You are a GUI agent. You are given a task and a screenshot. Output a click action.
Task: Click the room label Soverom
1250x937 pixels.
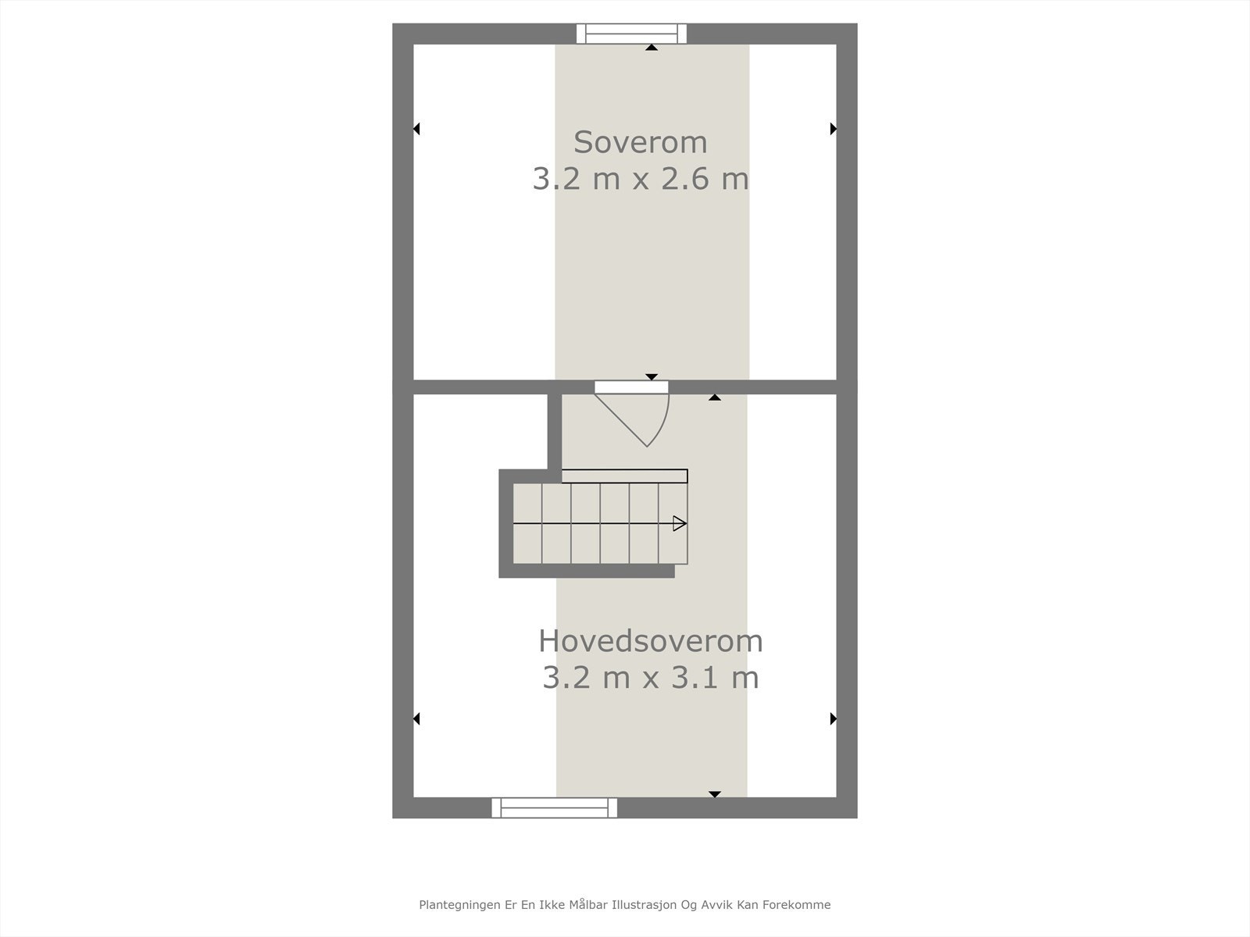640,142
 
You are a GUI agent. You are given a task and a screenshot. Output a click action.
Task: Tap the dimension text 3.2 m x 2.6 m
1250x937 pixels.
640,179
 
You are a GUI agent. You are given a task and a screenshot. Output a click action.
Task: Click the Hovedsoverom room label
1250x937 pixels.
650,641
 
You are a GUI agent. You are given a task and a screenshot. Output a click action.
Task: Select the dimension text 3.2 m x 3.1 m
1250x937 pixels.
650,677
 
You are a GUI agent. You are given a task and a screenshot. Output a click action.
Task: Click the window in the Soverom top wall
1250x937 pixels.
631,34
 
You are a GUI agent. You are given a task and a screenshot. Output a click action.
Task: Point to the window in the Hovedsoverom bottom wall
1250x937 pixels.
554,807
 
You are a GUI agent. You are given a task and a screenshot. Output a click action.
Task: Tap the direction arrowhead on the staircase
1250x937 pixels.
680,523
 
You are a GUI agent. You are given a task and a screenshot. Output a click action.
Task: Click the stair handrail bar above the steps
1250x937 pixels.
624,476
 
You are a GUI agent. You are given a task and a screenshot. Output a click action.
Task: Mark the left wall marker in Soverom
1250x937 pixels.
416,129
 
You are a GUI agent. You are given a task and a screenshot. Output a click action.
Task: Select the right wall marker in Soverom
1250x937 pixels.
833,129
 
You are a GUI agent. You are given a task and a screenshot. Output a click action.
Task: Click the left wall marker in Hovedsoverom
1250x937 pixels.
416,718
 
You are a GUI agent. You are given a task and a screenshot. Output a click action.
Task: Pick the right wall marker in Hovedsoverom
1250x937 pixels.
833,718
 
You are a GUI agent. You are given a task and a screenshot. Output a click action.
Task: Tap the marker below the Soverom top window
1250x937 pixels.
652,48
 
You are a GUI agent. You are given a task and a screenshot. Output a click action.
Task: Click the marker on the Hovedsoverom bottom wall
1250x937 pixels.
714,794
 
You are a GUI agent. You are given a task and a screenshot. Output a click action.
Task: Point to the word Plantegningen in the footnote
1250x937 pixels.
452,905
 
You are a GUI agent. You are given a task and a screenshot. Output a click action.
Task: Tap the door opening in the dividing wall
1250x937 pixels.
631,387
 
